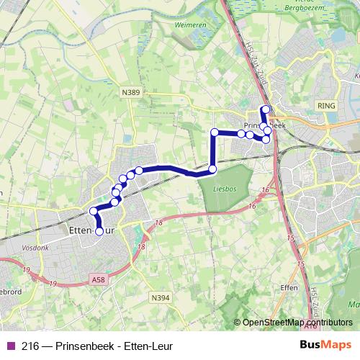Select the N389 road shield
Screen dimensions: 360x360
(130, 91)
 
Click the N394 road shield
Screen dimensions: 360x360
(160, 297)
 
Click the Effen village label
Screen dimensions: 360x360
(289, 286)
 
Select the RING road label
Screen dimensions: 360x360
(326, 104)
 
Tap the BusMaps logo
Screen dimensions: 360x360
(325, 346)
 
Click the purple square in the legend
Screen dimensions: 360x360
(9, 346)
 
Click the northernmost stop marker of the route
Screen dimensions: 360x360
(265, 109)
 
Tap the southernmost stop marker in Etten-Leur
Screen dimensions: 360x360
(99, 231)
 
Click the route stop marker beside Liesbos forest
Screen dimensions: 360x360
(212, 169)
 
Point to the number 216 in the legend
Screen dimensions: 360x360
(30, 346)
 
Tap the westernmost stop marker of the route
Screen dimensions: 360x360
(93, 211)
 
